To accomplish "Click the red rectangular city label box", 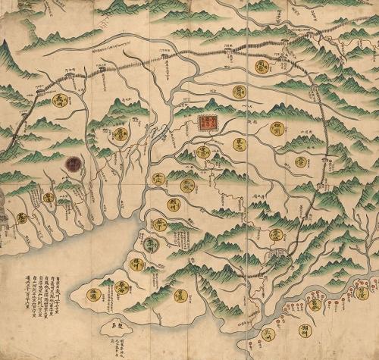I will pos(205,124).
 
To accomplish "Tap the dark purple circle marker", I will pos(74,164).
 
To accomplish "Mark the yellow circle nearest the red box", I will pos(203,152).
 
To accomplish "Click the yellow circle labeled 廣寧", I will pos(121,135).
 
